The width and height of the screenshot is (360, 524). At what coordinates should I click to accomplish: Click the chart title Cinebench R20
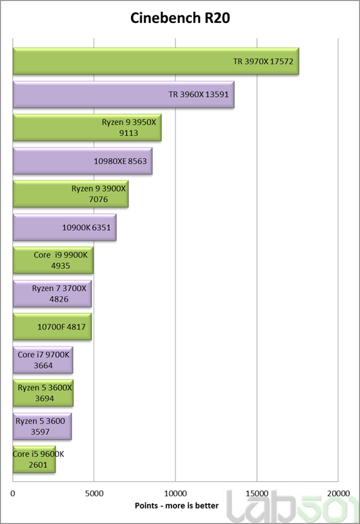pos(180,18)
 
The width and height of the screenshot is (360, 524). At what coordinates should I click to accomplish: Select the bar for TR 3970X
pos(156,61)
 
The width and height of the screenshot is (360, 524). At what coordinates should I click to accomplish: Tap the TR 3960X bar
pos(123,94)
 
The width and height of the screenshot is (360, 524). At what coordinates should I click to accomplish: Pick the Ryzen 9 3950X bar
pos(87,127)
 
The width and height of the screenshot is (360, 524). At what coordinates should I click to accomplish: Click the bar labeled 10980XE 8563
pos(83,161)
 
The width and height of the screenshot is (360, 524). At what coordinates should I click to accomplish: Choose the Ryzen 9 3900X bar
pos(71,194)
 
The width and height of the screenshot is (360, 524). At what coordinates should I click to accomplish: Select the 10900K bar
pos(64,227)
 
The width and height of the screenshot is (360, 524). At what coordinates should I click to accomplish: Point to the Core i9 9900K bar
pos(53,260)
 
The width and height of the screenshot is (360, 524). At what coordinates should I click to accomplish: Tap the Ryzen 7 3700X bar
pos(52,294)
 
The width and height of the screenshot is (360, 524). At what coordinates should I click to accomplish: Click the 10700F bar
pos(52,327)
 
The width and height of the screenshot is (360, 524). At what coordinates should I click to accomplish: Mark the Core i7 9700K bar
pos(43,360)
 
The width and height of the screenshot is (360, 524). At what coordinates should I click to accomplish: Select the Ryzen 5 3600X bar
pos(43,393)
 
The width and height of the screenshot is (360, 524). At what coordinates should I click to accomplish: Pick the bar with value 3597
pos(42,426)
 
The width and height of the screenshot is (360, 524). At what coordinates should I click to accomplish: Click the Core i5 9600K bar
pos(34,460)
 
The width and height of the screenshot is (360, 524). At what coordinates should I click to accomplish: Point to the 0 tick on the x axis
pos(13,493)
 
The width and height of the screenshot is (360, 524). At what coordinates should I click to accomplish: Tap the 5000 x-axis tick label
pos(94,493)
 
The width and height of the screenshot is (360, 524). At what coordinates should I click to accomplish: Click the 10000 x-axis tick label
pos(176,493)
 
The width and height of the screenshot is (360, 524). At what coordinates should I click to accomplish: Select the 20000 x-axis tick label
pos(338,493)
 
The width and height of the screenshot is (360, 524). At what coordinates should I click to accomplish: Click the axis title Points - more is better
pos(176,506)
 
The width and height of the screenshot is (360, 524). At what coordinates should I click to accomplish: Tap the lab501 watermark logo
pos(292,506)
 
